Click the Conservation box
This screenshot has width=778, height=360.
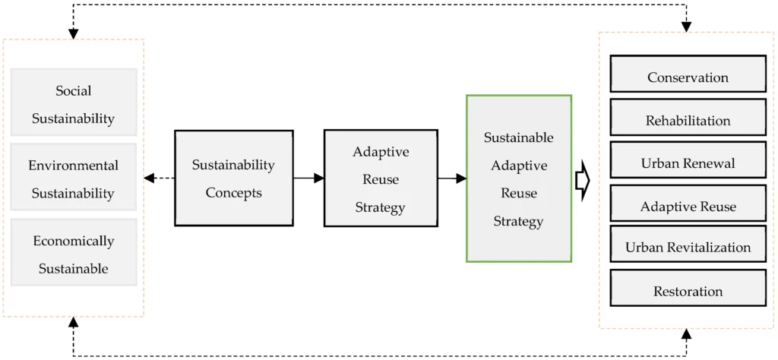[688, 74]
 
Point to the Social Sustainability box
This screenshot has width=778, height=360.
[74, 102]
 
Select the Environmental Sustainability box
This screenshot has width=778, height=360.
[74, 177]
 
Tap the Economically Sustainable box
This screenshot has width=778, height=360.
[74, 252]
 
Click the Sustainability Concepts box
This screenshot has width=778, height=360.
[234, 178]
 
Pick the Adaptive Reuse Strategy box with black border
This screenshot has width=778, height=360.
[381, 178]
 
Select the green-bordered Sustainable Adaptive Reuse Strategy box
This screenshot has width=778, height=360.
[519, 178]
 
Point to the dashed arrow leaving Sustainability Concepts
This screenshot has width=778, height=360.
[160, 178]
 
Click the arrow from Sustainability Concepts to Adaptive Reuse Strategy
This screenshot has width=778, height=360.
[308, 178]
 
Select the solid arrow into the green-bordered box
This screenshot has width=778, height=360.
[452, 178]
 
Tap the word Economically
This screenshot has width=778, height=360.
[74, 241]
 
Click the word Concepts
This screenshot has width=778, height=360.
[234, 193]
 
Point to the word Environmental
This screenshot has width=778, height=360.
[74, 165]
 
